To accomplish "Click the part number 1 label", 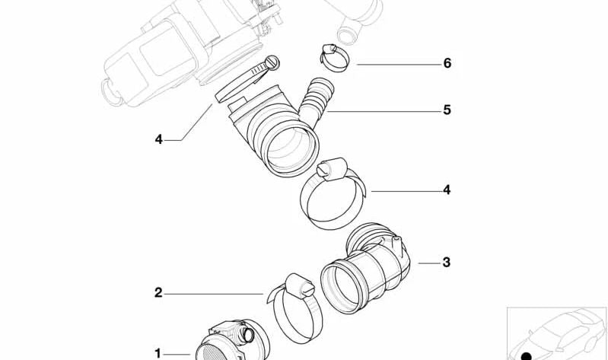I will click(158, 353).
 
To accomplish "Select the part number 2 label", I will click(158, 292).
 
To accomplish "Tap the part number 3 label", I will click(447, 263).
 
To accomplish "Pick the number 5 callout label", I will click(447, 110).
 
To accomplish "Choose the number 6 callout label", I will click(447, 63).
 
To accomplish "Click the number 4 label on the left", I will click(158, 139).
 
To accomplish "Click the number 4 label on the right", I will click(447, 190).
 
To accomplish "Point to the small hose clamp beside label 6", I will click(333, 57).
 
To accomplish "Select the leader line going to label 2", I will click(213, 293).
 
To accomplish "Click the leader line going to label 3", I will click(429, 263).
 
